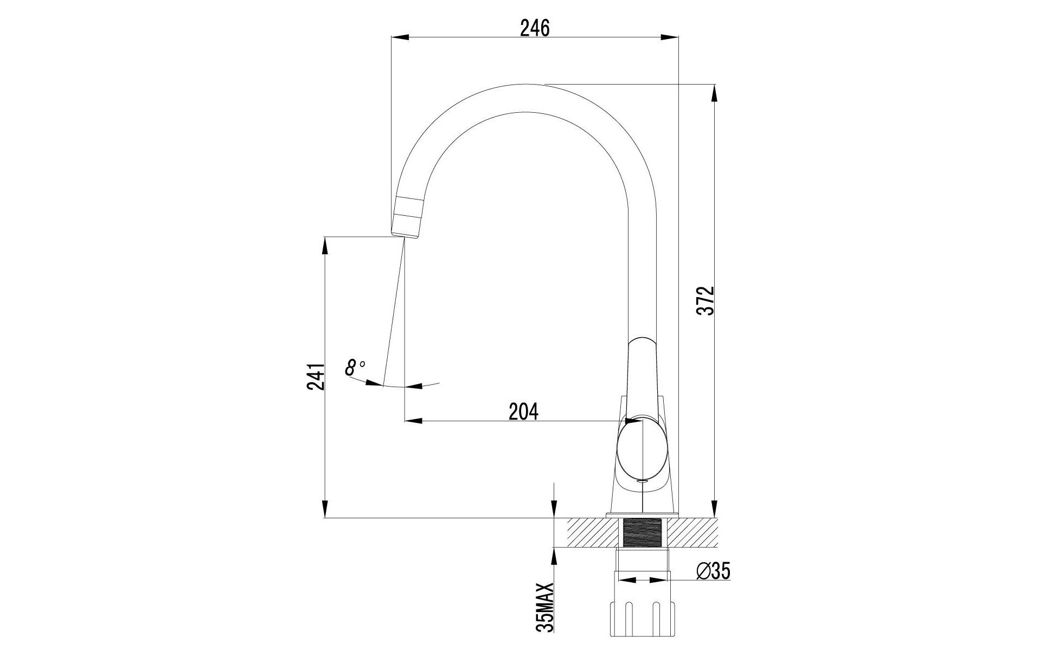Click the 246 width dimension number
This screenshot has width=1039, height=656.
(x=535, y=28)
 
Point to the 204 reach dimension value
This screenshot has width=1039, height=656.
(x=523, y=411)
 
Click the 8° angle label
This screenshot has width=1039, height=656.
(x=355, y=368)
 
